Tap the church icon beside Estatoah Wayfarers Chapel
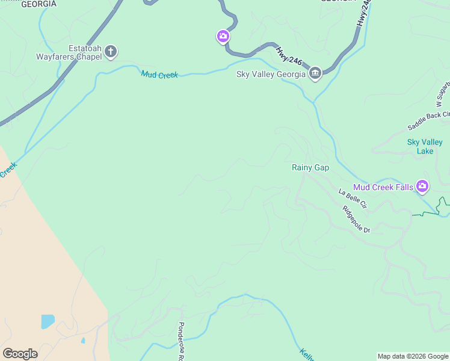pos(111,52)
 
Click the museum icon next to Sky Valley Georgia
pos(315,74)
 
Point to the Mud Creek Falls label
pos(383,187)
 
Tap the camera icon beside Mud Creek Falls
pos(422,187)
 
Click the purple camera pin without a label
pos(223,37)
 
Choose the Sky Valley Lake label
pos(425,146)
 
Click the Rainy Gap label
pos(310,167)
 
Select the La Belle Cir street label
pos(352,199)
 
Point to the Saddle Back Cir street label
pos(428,121)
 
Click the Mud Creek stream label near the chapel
pos(159,75)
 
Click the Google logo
pos(20,354)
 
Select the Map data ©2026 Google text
pos(413,356)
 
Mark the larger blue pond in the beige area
pos(48,321)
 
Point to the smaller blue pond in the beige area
pos(82,341)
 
